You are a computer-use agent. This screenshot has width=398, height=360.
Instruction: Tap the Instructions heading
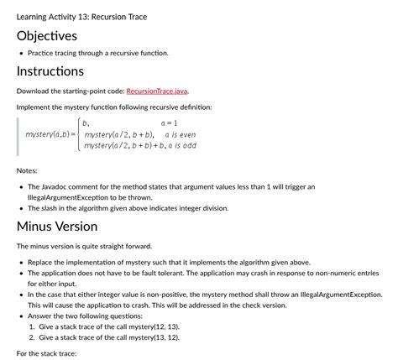[50, 71]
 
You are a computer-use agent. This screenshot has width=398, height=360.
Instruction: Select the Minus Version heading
[57, 226]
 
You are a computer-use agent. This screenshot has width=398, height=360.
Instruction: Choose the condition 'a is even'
[180, 134]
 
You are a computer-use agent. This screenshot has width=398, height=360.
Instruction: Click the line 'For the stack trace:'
[47, 353]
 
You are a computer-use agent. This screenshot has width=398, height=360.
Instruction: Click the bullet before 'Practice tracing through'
[21, 53]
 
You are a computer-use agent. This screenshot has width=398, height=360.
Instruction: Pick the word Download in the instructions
[35, 90]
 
